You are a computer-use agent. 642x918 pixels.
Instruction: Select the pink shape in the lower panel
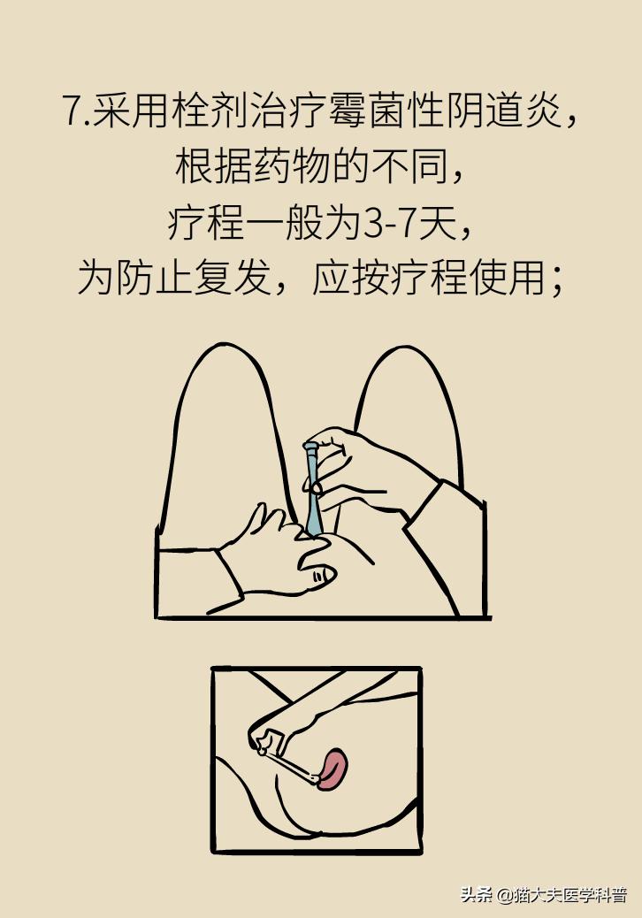[x=333, y=768]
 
